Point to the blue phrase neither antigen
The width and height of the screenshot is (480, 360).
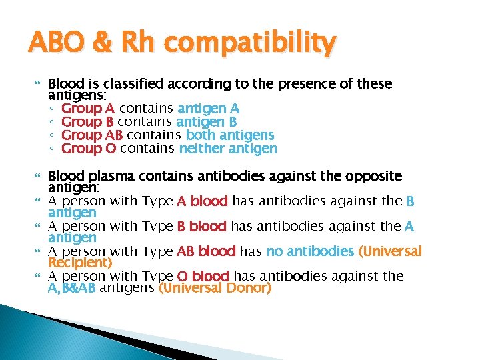click(228, 149)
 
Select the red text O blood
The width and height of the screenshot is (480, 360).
click(203, 276)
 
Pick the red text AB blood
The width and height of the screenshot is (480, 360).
click(206, 251)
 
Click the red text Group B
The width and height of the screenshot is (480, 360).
click(87, 122)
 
